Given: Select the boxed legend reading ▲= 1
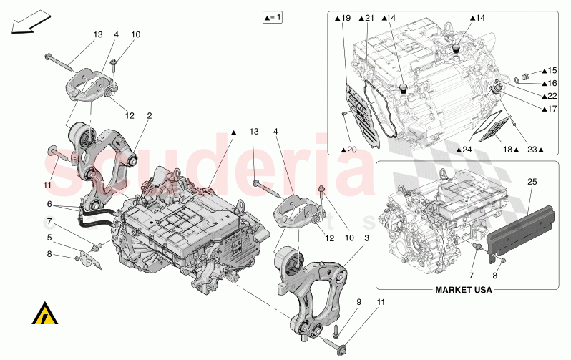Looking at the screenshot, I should point(272,16).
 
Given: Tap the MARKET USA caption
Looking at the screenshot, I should point(466,290).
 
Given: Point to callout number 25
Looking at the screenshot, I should point(532,181).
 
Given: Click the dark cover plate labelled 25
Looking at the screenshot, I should point(521,225).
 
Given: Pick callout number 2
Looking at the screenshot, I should point(150,115).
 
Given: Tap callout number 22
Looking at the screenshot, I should point(549,96).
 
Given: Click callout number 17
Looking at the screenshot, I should point(549,109).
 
